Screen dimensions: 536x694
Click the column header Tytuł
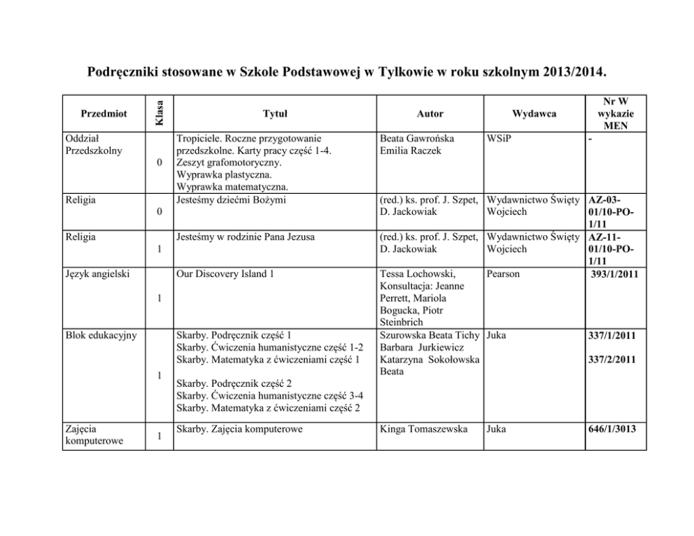274,113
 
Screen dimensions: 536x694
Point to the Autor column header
430,113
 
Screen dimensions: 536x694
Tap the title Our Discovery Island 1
225,274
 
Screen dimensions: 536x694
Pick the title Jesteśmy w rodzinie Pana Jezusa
246,237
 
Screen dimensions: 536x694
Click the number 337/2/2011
613,360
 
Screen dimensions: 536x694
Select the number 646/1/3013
613,429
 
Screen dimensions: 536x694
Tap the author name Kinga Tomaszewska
423,429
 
